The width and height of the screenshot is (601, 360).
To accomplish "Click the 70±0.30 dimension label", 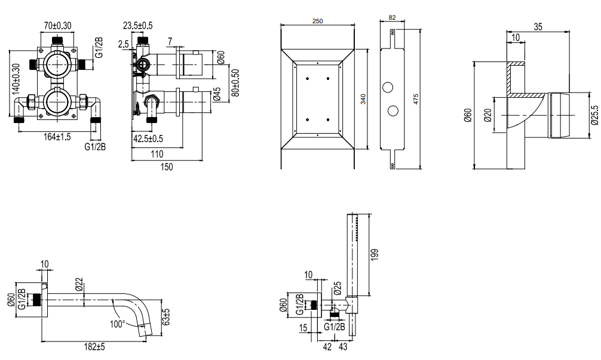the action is tap(57, 26).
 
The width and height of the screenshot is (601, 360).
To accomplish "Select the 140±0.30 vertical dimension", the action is tap(16, 79).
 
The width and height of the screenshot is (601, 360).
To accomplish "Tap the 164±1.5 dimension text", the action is tap(57, 137).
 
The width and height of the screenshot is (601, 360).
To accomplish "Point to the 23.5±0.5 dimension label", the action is tap(137, 26).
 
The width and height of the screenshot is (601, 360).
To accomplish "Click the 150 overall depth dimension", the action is tap(167, 167).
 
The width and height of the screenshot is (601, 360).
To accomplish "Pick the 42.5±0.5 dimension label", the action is tap(148, 139).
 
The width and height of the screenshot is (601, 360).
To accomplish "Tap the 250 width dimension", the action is tap(317, 21).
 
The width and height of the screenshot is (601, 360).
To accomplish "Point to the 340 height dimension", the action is tap(363, 99).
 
